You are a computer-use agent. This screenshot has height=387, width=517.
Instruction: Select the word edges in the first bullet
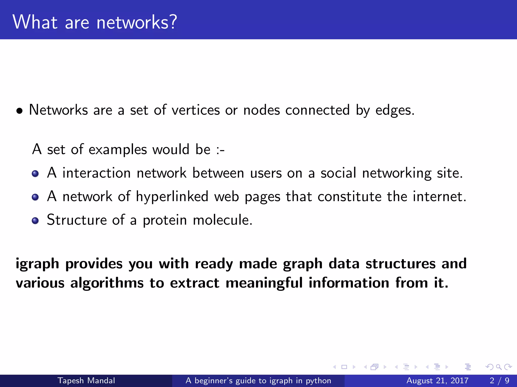point(395,110)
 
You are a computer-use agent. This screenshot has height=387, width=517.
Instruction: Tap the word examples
point(118,149)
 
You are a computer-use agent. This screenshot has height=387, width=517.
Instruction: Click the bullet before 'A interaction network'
point(35,174)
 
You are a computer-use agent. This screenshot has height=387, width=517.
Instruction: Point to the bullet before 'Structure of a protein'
point(35,221)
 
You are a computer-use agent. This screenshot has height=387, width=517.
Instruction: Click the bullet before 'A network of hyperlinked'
point(35,197)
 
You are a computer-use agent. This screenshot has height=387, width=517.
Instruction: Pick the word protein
point(165,220)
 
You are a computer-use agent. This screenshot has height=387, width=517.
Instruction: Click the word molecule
point(222,220)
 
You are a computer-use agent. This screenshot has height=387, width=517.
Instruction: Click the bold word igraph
point(37,264)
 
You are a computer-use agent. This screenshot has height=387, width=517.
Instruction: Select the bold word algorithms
point(107,283)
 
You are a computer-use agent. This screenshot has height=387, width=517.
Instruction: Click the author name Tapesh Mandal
point(86,380)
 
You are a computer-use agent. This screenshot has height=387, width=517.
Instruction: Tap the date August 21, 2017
point(437,380)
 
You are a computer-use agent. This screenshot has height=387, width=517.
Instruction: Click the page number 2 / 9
point(499,380)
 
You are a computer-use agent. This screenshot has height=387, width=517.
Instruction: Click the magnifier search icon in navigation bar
point(499,367)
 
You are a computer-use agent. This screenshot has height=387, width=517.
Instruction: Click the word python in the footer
point(318,381)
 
